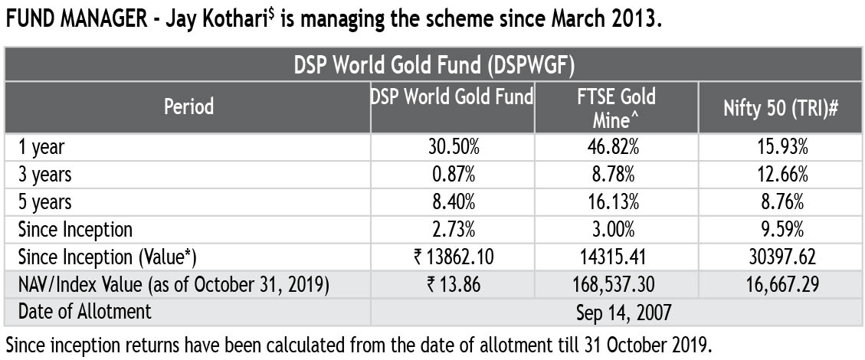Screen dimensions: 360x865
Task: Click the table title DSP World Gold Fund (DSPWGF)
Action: (x=434, y=64)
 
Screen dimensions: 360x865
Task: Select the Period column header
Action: (x=188, y=106)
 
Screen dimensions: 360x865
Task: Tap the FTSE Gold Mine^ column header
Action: (x=616, y=107)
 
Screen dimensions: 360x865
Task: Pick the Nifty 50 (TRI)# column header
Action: (x=781, y=106)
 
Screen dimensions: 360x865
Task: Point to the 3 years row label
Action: (x=44, y=175)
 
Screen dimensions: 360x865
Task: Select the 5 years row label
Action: (x=44, y=202)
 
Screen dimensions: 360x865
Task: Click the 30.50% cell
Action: (x=452, y=148)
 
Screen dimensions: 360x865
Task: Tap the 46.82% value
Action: (x=616, y=148)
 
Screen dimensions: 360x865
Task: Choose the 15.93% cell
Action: (x=781, y=148)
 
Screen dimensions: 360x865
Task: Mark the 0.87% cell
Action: (x=452, y=175)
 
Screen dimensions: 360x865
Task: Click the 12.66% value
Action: (x=781, y=175)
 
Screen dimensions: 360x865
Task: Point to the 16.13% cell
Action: (x=616, y=202)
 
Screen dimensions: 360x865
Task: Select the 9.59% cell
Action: (x=781, y=230)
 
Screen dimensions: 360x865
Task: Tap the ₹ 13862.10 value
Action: (x=452, y=257)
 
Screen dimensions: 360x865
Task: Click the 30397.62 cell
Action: (x=781, y=257)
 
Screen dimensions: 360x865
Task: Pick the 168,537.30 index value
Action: (x=616, y=285)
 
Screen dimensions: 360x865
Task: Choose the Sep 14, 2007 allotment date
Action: (x=616, y=313)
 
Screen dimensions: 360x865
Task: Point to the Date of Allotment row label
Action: (x=84, y=313)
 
